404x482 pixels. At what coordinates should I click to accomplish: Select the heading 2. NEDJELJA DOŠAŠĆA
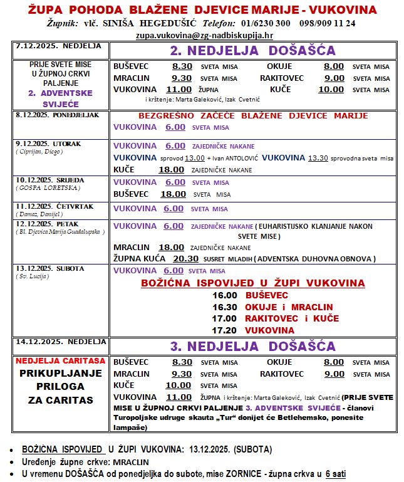coord(252,51)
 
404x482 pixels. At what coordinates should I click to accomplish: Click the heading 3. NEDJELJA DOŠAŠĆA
coord(252,346)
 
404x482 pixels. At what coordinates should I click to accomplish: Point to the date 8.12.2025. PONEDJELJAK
coord(49,115)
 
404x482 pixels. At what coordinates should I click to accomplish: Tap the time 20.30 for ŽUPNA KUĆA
coord(185,258)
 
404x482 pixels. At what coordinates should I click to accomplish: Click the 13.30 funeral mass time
coord(318,157)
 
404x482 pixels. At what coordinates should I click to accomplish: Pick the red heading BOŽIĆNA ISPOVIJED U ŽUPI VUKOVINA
coord(253,283)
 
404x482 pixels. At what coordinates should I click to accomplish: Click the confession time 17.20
coord(225,330)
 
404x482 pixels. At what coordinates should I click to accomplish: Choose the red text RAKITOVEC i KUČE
coord(293,318)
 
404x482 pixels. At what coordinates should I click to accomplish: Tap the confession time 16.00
coord(225,295)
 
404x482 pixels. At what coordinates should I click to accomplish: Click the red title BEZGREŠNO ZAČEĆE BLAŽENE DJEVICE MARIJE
coord(253,116)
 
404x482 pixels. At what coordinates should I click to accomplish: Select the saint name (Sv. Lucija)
coord(32,276)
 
